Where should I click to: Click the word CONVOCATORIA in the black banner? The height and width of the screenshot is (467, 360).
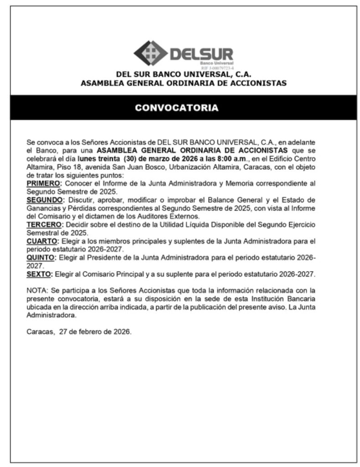pyautogui.click(x=176, y=108)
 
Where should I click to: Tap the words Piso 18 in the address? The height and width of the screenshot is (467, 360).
pyautogui.click(x=67, y=166)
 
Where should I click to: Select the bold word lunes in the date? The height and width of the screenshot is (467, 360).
pyautogui.click(x=87, y=158)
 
